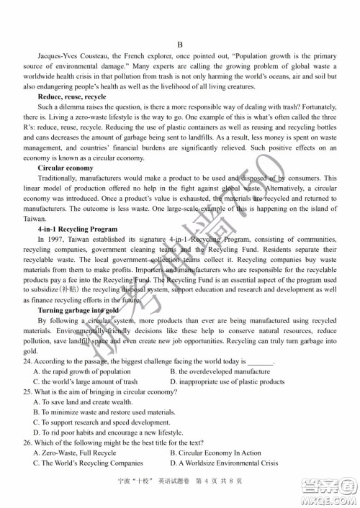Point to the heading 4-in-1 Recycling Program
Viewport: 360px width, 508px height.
77,229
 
